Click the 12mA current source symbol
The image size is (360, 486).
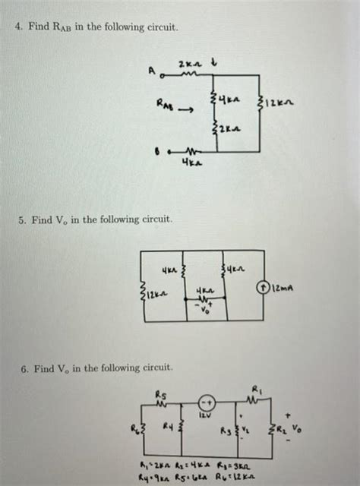click(262, 288)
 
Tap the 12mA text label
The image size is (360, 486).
click(283, 288)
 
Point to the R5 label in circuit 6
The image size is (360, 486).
click(159, 395)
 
